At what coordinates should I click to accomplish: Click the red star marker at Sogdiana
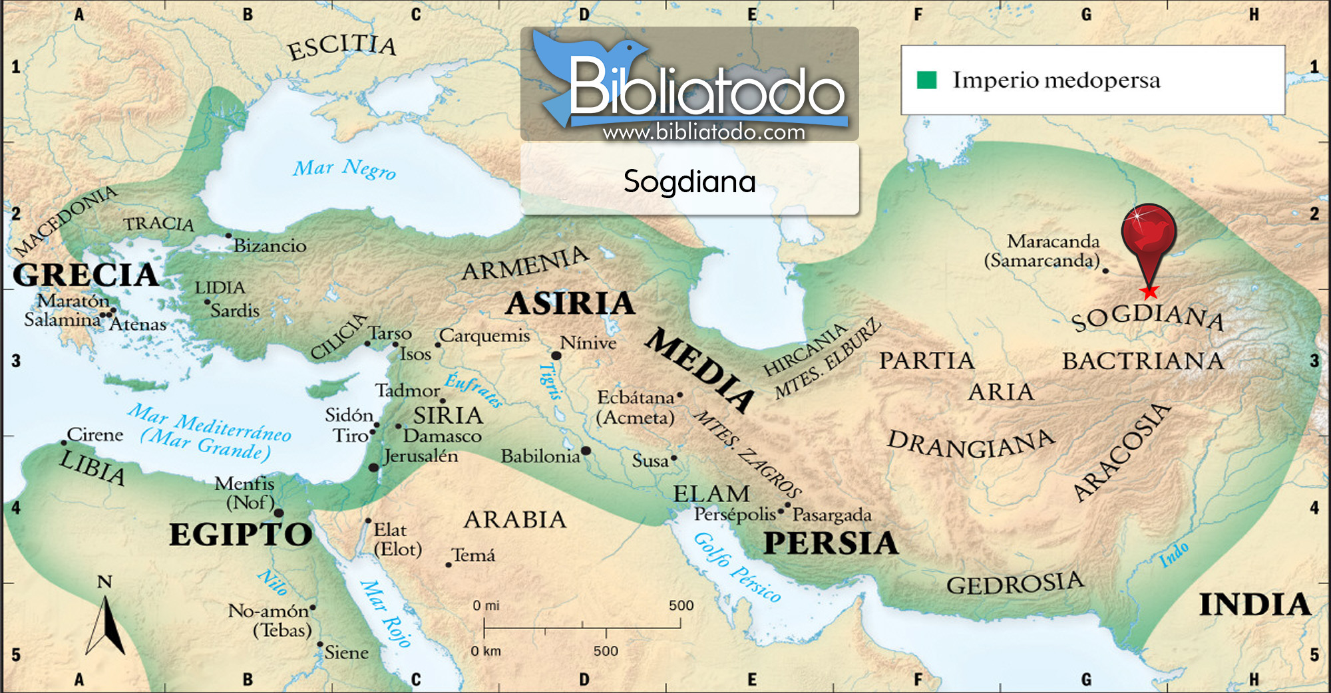pos(1149,291)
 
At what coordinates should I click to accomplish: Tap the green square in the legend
pos(926,80)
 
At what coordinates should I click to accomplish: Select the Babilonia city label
pos(540,456)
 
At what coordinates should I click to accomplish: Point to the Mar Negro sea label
pos(344,169)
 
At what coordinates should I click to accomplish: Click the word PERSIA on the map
pos(831,543)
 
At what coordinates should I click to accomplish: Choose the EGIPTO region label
pos(240,535)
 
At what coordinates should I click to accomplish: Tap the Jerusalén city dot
pos(374,468)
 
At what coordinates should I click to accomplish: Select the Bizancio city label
pos(270,246)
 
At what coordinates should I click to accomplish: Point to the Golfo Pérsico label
pos(737,567)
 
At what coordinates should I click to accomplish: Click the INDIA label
pos(1254,605)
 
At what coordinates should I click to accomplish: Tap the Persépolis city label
pos(735,514)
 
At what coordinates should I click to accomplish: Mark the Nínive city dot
pos(556,356)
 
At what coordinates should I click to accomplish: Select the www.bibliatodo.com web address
pos(703,132)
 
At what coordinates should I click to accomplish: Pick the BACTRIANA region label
pos(1142,361)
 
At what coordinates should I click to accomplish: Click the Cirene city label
pos(95,435)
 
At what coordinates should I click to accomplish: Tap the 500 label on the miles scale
pos(681,605)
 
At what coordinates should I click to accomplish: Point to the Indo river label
pos(1174,555)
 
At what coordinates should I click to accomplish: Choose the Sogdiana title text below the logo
pos(689,182)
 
